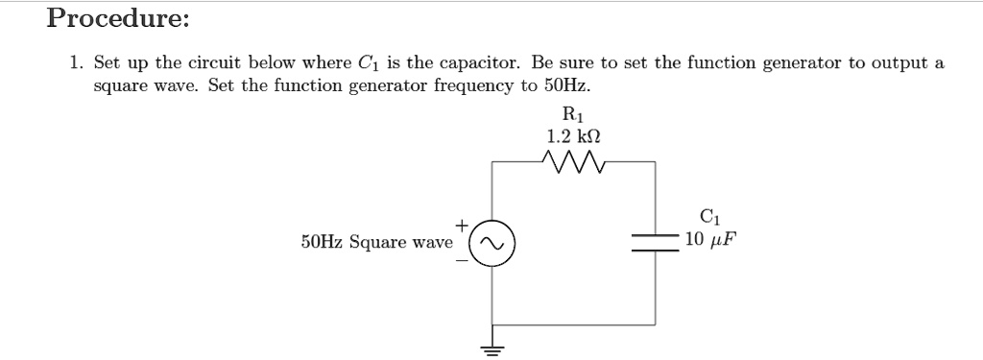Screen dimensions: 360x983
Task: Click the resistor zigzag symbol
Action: coord(573,162)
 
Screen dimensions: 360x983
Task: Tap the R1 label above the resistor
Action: coord(573,117)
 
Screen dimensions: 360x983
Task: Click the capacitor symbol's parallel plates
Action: coord(655,243)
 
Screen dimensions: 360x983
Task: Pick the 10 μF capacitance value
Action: coord(710,237)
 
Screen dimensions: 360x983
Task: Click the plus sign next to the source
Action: coord(461,225)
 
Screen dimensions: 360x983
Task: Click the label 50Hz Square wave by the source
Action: coord(376,242)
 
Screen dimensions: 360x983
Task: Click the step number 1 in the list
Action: coord(75,64)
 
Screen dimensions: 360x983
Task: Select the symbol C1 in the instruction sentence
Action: coord(368,65)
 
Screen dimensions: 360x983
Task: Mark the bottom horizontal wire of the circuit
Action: coord(573,324)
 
